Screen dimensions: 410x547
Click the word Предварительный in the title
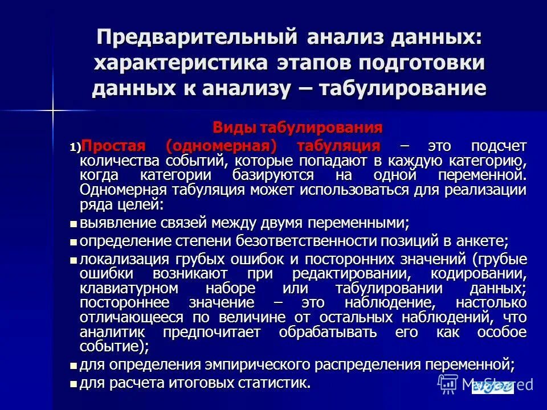[x=195, y=37]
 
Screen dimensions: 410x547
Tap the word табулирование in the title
[x=405, y=88]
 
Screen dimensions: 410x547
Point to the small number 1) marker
[x=76, y=147]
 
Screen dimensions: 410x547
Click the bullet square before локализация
[x=72, y=260]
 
